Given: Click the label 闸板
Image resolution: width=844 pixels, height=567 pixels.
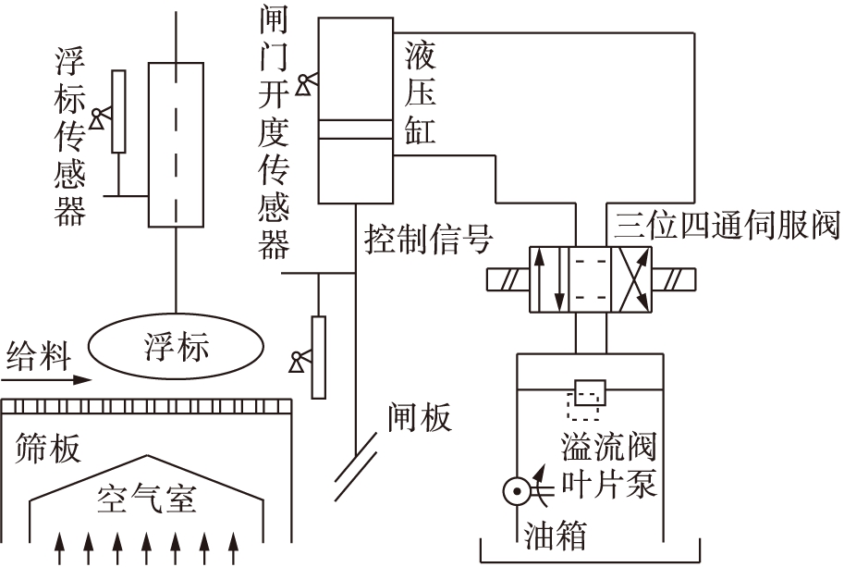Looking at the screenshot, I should coord(421,418).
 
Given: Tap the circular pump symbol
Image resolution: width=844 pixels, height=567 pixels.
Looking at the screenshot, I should coord(515,491).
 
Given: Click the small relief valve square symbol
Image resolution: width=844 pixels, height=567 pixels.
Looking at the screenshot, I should coord(588,392).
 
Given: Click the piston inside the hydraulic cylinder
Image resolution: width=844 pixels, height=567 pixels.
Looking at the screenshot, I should coord(355,130).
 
